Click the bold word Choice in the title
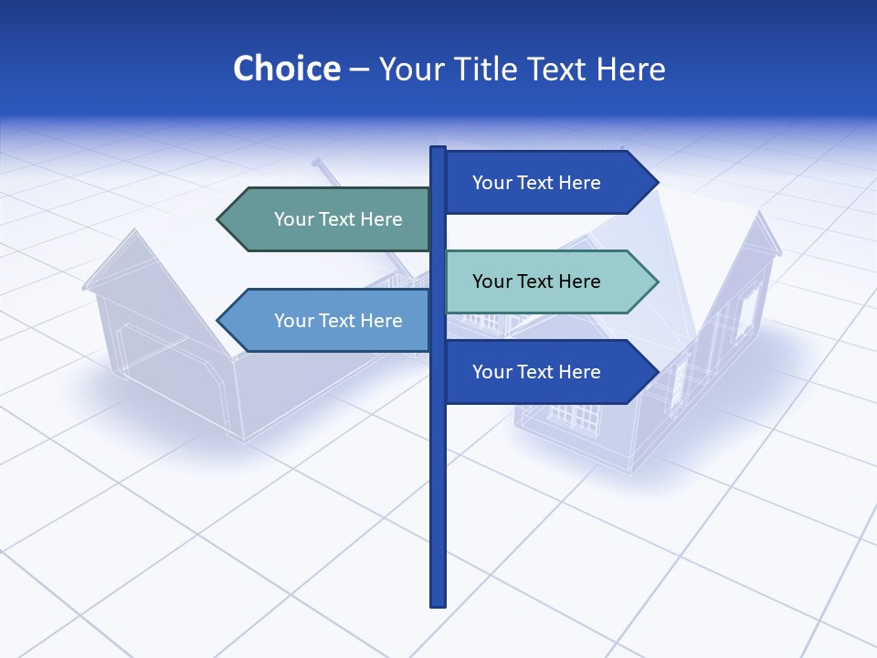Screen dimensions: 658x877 [x=286, y=69]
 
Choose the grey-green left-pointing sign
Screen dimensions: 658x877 [x=329, y=219]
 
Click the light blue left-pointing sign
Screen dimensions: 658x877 [x=329, y=321]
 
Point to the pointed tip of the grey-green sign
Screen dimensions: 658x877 [x=219, y=219]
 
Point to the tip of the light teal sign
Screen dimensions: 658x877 [x=656, y=281]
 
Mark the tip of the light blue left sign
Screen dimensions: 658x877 [x=219, y=321]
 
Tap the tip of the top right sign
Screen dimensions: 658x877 [x=656, y=183]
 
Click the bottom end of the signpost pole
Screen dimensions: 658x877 [x=438, y=603]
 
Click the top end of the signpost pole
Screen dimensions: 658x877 [x=438, y=150]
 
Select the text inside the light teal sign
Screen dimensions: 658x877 [x=536, y=281]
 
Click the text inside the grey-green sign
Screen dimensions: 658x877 [x=338, y=219]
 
